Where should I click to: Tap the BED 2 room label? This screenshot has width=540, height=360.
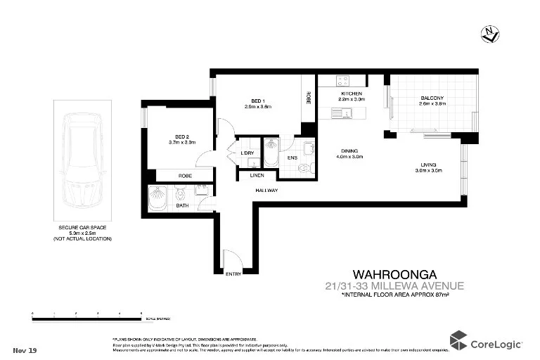[x=181, y=136]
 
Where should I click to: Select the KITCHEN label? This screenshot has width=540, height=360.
[x=351, y=94]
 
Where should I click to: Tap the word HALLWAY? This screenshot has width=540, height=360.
[x=266, y=191]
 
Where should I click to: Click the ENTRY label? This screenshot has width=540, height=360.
[x=233, y=274]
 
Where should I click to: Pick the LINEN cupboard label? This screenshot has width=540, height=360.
[x=256, y=175]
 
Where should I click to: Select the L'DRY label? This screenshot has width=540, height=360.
[x=247, y=153]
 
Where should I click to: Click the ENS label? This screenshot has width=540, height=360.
[x=292, y=158]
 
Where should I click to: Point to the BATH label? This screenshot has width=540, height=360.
[x=182, y=206]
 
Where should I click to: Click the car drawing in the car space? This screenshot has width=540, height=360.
[x=83, y=160]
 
